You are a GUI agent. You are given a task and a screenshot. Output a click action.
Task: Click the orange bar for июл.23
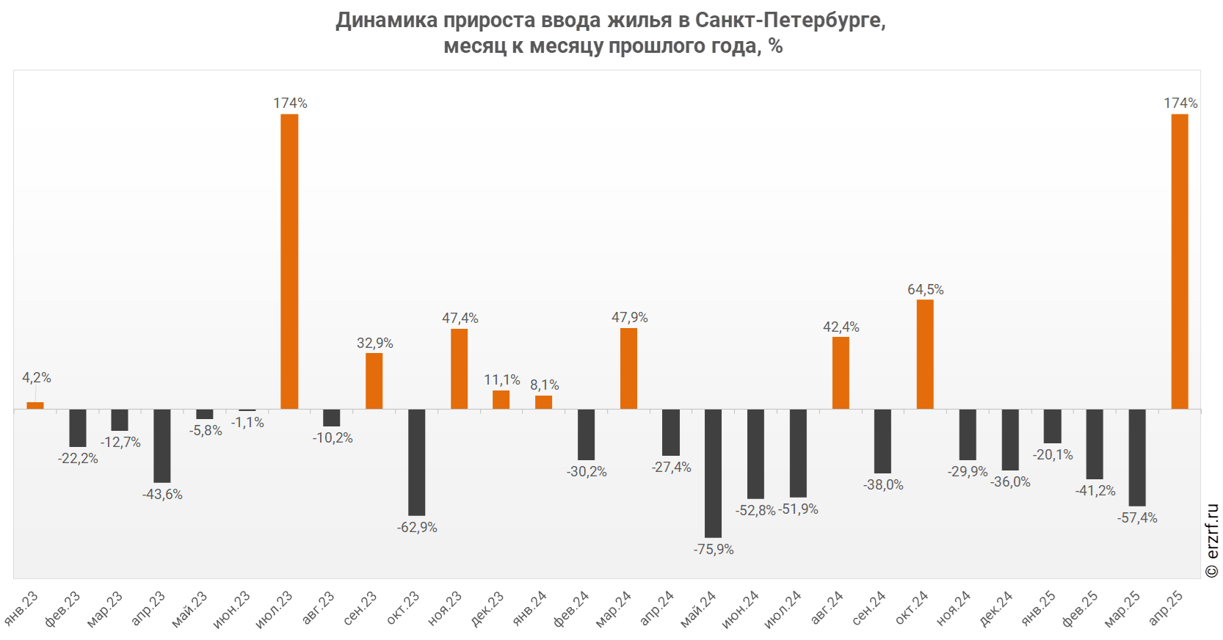289,261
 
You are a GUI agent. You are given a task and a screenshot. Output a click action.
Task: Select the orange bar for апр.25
1179,261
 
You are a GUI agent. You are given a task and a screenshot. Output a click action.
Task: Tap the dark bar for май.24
713,473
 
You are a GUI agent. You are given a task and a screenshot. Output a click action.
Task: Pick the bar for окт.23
416,462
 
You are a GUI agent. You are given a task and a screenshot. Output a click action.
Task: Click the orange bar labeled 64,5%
925,354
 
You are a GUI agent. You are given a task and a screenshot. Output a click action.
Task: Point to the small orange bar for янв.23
35,405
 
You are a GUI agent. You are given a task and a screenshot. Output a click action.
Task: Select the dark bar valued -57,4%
1137,457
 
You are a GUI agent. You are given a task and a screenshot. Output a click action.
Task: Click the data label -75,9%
714,550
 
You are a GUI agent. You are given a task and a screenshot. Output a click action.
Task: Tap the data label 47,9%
630,318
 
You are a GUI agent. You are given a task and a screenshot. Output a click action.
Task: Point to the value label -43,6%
162,495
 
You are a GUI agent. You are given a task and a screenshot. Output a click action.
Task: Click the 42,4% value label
841,327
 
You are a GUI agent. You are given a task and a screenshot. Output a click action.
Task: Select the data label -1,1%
247,423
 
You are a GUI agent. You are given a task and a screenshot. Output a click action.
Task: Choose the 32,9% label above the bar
375,343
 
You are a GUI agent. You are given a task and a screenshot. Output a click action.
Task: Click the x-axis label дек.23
488,608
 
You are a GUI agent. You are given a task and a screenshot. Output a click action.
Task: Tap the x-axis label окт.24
912,608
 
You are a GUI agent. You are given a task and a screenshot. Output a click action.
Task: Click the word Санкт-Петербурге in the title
790,21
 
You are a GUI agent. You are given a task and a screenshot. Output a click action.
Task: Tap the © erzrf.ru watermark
1212,540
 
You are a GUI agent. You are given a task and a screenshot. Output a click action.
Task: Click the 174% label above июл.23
291,103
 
